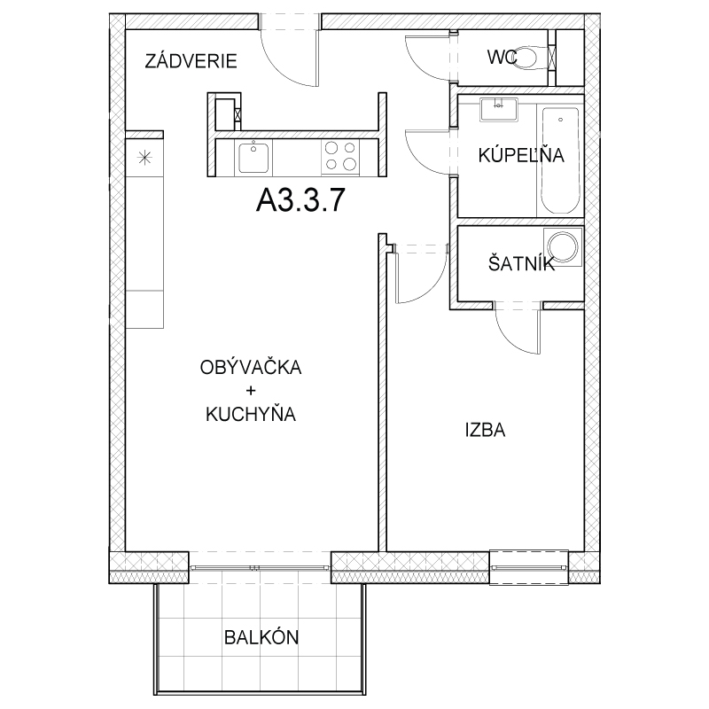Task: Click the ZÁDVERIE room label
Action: [x=191, y=60]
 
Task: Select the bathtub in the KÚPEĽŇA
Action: [x=560, y=160]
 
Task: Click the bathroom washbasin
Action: [x=498, y=109]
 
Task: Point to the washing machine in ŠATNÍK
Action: [x=564, y=247]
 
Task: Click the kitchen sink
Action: [x=253, y=157]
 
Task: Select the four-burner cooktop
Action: [x=340, y=157]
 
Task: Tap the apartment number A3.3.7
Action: [x=300, y=200]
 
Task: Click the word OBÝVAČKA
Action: [x=251, y=368]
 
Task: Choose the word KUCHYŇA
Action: [x=251, y=414]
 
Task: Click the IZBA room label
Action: [x=485, y=430]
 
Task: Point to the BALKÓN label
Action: [x=261, y=637]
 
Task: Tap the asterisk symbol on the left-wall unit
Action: [x=144, y=159]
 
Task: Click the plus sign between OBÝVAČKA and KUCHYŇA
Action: [x=251, y=390]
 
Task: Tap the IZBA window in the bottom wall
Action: [x=529, y=567]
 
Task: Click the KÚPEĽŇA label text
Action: [x=521, y=155]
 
